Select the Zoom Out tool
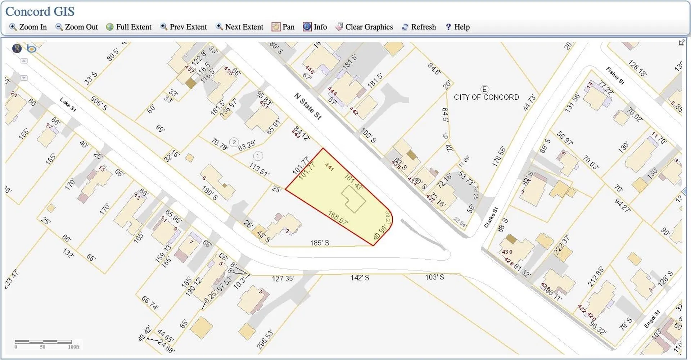click(77, 27)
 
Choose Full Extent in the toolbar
click(129, 27)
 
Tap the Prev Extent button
click(184, 27)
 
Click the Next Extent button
click(240, 27)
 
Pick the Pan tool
click(283, 27)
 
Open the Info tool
click(315, 27)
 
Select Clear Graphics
click(364, 27)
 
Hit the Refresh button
click(419, 27)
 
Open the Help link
click(458, 27)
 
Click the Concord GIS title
click(40, 12)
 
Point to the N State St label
click(308, 106)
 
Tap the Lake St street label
click(68, 104)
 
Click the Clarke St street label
click(491, 217)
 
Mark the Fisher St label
click(615, 76)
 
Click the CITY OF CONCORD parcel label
click(486, 97)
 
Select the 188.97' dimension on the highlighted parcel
click(338, 218)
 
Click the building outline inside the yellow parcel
click(353, 199)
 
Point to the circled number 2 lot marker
click(234, 142)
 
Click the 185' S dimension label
click(320, 243)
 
